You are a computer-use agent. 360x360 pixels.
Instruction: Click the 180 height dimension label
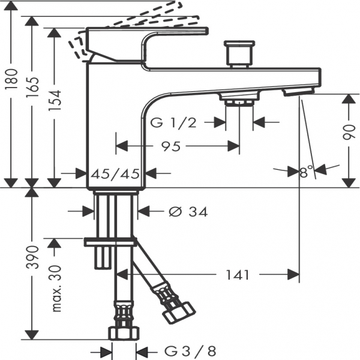(11, 79)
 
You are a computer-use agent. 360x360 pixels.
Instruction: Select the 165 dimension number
(32, 87)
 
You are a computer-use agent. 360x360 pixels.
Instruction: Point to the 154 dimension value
(55, 100)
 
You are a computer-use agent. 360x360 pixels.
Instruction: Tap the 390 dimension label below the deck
(32, 257)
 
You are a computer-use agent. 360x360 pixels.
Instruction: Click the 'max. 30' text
(56, 289)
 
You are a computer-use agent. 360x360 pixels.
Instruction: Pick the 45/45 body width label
(115, 173)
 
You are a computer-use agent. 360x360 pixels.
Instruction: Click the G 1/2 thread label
(173, 122)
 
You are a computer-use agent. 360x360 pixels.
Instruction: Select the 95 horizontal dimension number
(171, 146)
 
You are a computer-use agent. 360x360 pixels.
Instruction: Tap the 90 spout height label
(349, 132)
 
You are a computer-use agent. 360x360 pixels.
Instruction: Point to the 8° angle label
(306, 171)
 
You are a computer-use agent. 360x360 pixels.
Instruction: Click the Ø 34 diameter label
(188, 212)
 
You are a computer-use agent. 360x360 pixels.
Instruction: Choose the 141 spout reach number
(238, 275)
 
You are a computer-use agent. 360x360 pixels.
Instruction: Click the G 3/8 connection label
(190, 351)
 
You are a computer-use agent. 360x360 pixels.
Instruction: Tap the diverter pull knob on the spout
(239, 54)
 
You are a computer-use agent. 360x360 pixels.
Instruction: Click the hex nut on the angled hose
(179, 313)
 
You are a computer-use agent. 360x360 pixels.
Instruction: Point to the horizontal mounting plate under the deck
(110, 242)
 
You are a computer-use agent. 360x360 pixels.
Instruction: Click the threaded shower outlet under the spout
(239, 103)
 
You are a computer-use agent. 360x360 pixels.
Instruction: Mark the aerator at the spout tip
(299, 92)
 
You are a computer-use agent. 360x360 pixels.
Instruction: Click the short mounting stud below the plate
(101, 257)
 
